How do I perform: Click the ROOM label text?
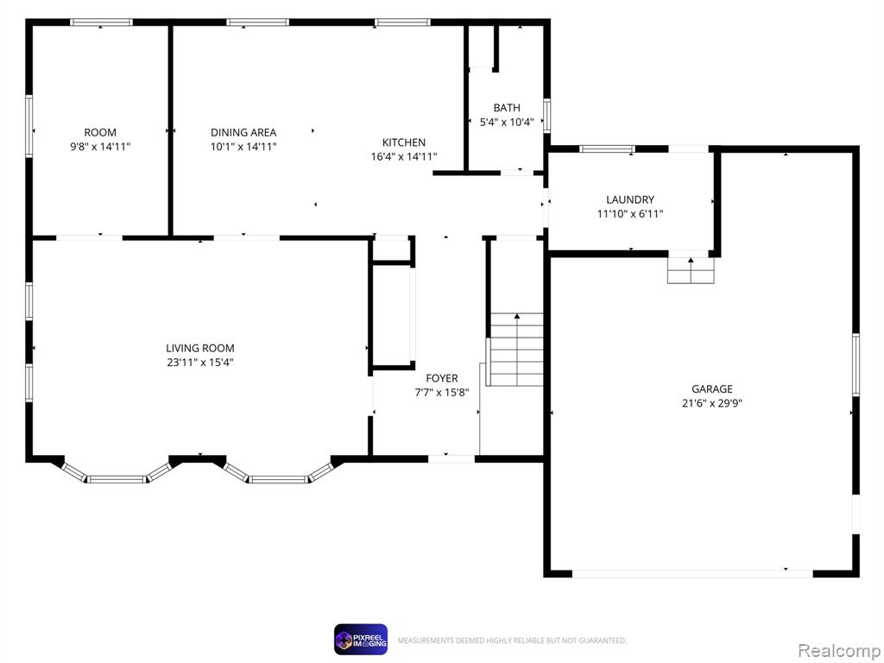[x=100, y=132]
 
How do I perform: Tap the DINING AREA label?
[x=243, y=132]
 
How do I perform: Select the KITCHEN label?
[x=404, y=142]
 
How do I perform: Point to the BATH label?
[x=507, y=108]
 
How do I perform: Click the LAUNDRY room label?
[x=630, y=199]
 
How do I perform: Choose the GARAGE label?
[x=712, y=389]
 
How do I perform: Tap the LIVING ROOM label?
[x=200, y=349]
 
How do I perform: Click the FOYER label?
[x=442, y=378]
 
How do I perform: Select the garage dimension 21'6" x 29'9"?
[x=712, y=403]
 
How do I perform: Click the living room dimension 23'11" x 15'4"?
[x=200, y=363]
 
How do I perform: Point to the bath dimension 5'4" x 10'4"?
[x=507, y=122]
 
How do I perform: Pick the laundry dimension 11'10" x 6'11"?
[x=630, y=214]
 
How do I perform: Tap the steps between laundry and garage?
[x=691, y=270]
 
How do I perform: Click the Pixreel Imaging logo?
[x=361, y=640]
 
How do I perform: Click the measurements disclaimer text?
[x=512, y=641]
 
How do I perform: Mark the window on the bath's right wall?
[x=546, y=116]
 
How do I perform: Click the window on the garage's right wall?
[x=856, y=365]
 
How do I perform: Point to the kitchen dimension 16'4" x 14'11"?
[x=404, y=157]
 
